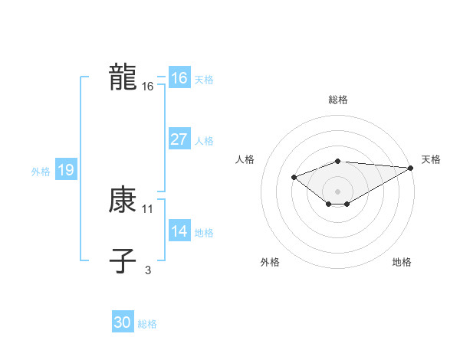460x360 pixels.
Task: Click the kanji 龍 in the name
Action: tap(123, 78)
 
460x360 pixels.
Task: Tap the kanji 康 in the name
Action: tap(123, 201)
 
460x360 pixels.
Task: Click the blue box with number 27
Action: tap(179, 139)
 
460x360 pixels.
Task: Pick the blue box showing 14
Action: tap(179, 231)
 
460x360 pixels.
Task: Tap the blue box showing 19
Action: tap(65, 170)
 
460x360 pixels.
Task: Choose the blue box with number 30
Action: tap(123, 322)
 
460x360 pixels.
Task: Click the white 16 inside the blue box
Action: tap(179, 78)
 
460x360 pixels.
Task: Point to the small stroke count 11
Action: tap(148, 208)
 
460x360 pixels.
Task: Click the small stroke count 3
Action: tap(148, 269)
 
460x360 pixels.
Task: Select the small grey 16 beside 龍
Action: tap(148, 87)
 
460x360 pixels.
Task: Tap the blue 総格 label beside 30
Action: tap(147, 324)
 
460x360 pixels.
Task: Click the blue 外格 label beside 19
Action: tap(41, 172)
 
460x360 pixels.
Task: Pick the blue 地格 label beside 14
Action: tap(204, 233)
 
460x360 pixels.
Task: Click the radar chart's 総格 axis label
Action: tap(338, 100)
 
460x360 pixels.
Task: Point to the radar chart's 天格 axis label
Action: tap(431, 159)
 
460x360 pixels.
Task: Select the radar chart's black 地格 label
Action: tap(402, 262)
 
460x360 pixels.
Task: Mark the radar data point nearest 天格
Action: tap(411, 168)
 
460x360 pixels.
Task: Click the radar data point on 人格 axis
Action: tap(294, 177)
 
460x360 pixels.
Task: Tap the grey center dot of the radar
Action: tap(338, 191)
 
